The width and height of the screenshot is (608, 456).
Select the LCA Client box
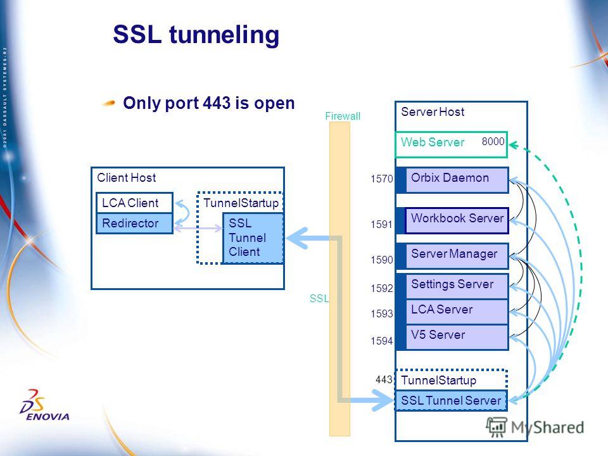pos(134,203)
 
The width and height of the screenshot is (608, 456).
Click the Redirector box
pos(134,224)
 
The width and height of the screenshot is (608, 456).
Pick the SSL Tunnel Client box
pos(253,237)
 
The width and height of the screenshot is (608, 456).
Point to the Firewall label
pos(343,116)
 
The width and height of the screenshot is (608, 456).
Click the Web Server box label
pos(433,142)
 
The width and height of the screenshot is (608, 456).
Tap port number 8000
pos(493,141)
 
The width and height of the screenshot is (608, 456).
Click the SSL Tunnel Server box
pos(451,400)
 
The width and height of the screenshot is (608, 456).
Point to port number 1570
pos(381,179)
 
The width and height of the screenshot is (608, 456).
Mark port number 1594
pos(381,341)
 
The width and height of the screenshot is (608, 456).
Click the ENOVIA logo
pos(44,405)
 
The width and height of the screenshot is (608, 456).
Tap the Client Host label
pos(127,177)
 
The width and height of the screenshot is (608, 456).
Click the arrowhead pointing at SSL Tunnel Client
pos(296,237)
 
